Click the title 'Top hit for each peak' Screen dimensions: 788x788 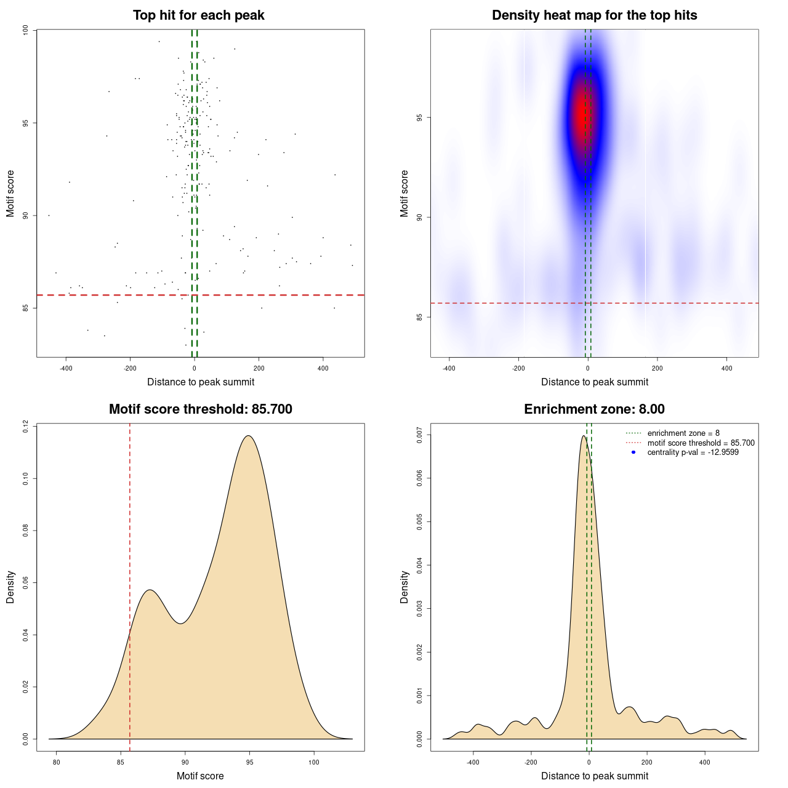point(198,15)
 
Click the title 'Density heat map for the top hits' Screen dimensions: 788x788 point(594,15)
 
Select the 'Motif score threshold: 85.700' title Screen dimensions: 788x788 point(200,409)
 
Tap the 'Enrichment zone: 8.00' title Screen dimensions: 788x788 point(594,409)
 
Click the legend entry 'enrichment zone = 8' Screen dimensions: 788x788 point(683,433)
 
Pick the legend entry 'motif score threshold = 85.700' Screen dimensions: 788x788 point(701,443)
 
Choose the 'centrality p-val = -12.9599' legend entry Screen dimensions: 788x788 point(693,452)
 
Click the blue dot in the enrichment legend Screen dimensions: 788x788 point(633,452)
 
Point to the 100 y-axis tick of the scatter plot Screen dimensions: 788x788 point(26,30)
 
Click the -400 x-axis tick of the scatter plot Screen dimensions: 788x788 point(66,369)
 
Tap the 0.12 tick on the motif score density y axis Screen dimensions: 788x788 point(26,426)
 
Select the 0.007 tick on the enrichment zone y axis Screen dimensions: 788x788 point(420,435)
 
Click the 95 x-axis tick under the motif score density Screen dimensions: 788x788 point(249,762)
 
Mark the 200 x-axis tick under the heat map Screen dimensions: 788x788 point(657,369)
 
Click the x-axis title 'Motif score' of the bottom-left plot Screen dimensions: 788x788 point(200,776)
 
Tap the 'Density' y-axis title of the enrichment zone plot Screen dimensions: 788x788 point(404,587)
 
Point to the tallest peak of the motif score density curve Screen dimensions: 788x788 point(248,436)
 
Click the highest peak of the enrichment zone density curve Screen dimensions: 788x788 point(583,436)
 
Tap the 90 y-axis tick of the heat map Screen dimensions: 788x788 point(420,217)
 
